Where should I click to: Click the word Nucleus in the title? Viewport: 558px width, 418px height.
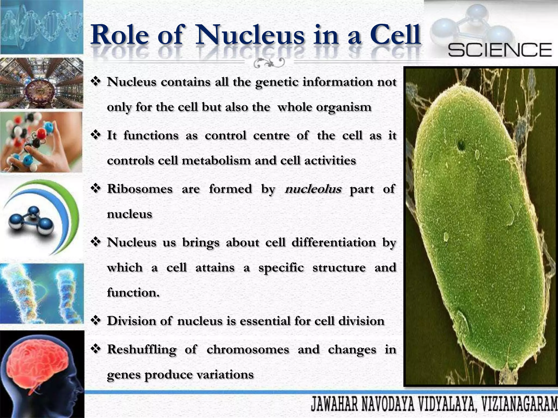tap(250, 35)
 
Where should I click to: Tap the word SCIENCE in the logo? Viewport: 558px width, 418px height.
tap(500, 50)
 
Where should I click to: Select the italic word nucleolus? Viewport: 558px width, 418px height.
tap(313, 189)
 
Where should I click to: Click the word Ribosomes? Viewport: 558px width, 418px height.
tap(139, 189)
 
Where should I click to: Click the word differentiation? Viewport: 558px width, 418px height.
tap(333, 242)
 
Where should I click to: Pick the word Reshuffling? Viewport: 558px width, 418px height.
tap(141, 349)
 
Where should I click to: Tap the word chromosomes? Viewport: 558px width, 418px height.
tap(248, 349)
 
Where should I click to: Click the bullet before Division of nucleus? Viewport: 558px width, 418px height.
tap(96, 320)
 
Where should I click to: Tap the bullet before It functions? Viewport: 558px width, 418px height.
tap(96, 135)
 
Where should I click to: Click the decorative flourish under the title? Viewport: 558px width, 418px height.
tap(269, 63)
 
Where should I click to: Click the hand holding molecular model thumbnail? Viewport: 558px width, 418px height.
tap(41, 142)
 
